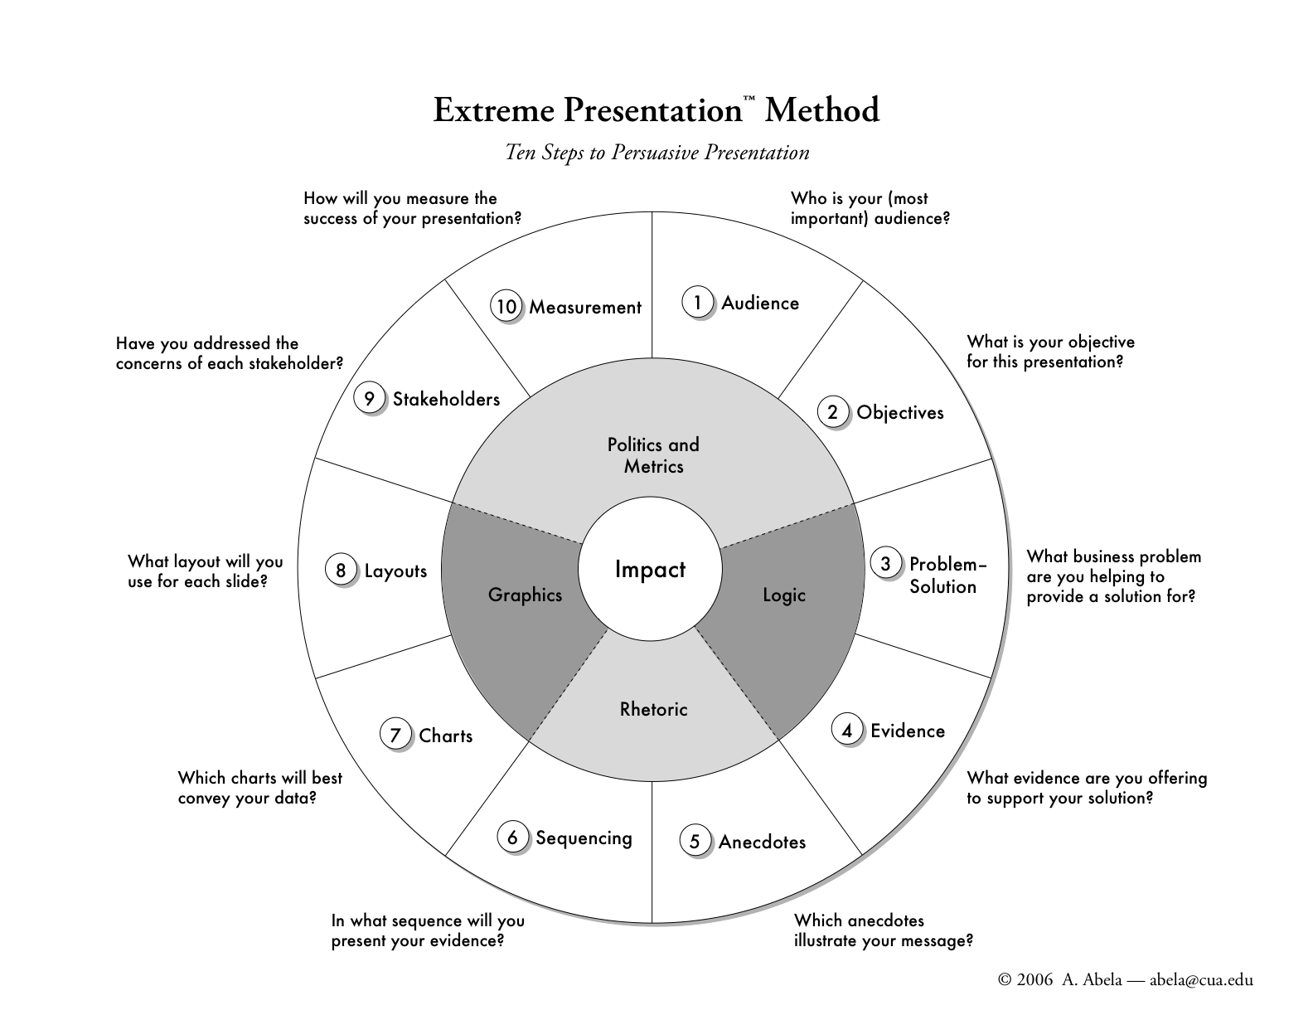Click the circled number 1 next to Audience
pyautogui.click(x=697, y=302)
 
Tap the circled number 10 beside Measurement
pyautogui.click(x=506, y=306)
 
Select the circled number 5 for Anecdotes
pyautogui.click(x=695, y=841)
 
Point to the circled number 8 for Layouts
pyautogui.click(x=341, y=570)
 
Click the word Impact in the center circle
pyautogui.click(x=650, y=570)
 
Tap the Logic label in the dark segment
pyautogui.click(x=783, y=595)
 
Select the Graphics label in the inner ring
pyautogui.click(x=525, y=595)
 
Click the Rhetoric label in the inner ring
pyautogui.click(x=654, y=709)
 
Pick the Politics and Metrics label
pyautogui.click(x=653, y=455)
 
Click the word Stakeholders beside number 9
pyautogui.click(x=447, y=399)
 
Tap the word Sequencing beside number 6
pyautogui.click(x=584, y=838)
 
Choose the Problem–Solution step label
pyautogui.click(x=947, y=575)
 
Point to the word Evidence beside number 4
pyautogui.click(x=908, y=731)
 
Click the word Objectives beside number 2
pyautogui.click(x=900, y=413)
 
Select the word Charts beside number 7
pyautogui.click(x=446, y=736)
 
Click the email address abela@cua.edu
pyautogui.click(x=1201, y=980)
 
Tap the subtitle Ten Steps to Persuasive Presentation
pyautogui.click(x=656, y=153)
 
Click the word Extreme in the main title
pyautogui.click(x=494, y=110)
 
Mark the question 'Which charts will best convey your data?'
pyautogui.click(x=259, y=788)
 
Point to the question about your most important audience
pyautogui.click(x=870, y=208)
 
